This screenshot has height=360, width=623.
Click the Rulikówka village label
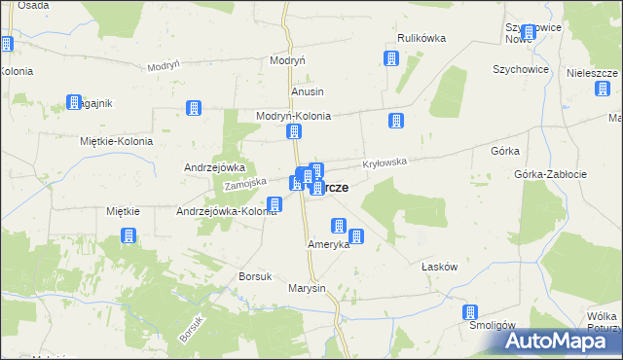pyautogui.click(x=421, y=38)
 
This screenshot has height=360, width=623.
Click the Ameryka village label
pyautogui.click(x=328, y=244)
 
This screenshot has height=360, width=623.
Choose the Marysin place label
pyautogui.click(x=307, y=289)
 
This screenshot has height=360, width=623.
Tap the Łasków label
pyautogui.click(x=439, y=266)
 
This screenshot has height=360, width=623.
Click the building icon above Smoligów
pyautogui.click(x=470, y=312)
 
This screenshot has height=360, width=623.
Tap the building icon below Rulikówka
pyautogui.click(x=391, y=58)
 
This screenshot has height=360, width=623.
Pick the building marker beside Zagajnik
pyautogui.click(x=73, y=101)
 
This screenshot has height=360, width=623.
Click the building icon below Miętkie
pyautogui.click(x=128, y=235)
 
